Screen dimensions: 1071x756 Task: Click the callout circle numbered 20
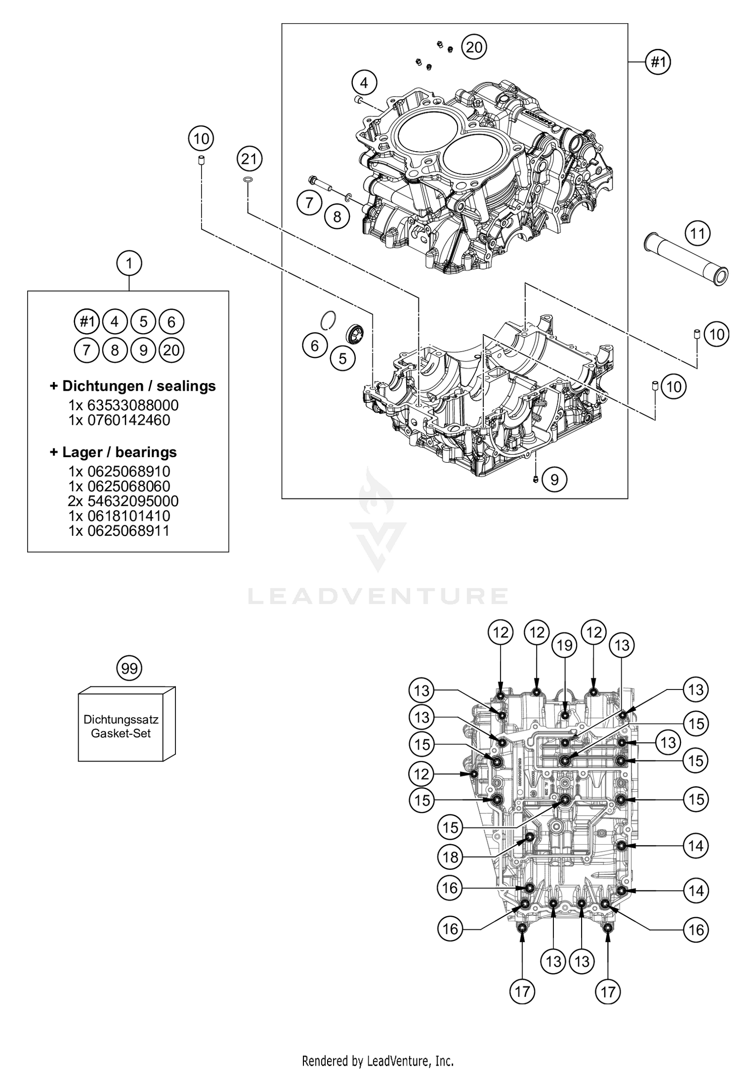[474, 47]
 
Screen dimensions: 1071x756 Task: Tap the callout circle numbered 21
[249, 159]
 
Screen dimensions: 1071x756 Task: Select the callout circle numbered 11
[698, 233]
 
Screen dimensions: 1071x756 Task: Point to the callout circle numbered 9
[554, 479]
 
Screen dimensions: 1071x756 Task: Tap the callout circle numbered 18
[451, 856]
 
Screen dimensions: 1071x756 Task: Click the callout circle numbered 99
[130, 668]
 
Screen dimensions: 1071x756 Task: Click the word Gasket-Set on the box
[121, 733]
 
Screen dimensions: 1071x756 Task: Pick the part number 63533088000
[123, 405]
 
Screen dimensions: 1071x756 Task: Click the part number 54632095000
[123, 501]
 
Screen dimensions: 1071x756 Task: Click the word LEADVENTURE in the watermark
[378, 596]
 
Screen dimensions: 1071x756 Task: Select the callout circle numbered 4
[364, 83]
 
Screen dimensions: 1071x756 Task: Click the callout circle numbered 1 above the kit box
[130, 263]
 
